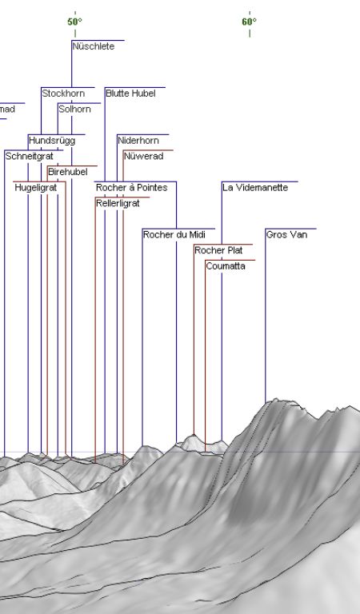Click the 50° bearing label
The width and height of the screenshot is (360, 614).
click(x=74, y=22)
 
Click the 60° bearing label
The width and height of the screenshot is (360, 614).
click(x=249, y=22)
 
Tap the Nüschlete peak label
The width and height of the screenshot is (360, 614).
click(x=94, y=46)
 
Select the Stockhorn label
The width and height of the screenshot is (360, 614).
click(x=63, y=94)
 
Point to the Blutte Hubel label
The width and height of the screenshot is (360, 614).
click(x=130, y=94)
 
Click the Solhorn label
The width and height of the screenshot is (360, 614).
click(x=74, y=109)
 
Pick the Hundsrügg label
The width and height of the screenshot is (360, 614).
click(x=52, y=140)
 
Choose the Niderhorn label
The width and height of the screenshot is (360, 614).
click(x=138, y=140)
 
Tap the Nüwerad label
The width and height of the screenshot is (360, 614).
click(x=143, y=156)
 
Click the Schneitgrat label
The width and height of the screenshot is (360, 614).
click(x=29, y=156)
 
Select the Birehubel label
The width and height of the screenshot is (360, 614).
click(x=68, y=172)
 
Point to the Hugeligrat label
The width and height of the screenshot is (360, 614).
click(x=36, y=188)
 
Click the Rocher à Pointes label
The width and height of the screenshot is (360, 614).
click(x=132, y=187)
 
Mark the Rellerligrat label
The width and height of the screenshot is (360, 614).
click(x=118, y=203)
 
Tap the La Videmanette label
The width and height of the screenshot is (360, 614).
click(x=255, y=187)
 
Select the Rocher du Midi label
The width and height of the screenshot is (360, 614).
click(x=174, y=234)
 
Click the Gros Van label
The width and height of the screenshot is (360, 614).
click(x=286, y=234)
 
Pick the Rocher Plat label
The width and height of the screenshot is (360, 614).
click(x=218, y=249)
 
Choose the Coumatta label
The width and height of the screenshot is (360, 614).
click(x=226, y=265)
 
